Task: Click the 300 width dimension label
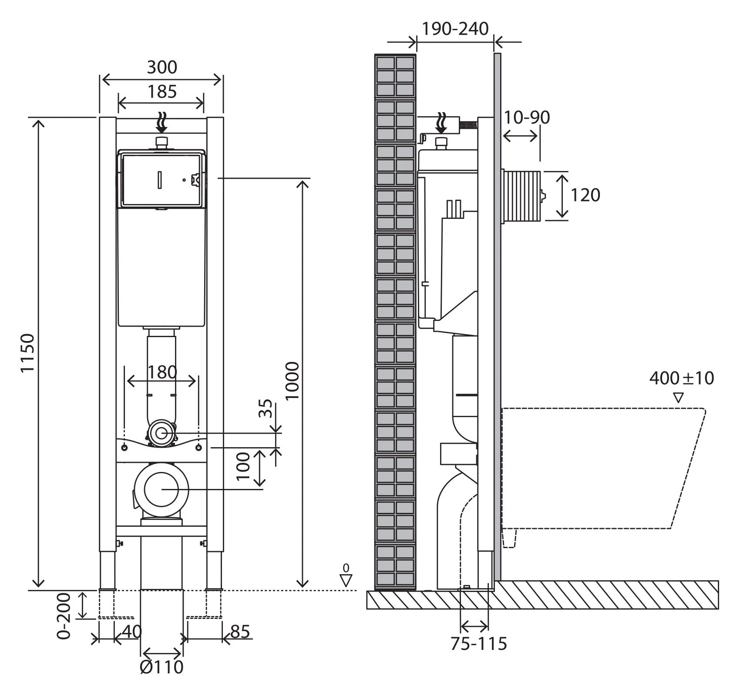(x=162, y=67)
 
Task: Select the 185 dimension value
(x=162, y=92)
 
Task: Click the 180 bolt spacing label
(x=162, y=373)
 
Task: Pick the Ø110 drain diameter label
(x=162, y=667)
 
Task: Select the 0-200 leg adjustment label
(x=64, y=616)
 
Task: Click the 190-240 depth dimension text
(x=455, y=29)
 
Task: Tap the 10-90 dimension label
(x=527, y=117)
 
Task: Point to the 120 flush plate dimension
(x=585, y=195)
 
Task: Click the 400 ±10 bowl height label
(x=682, y=378)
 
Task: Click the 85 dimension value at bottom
(x=240, y=632)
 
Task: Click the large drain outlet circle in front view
(x=161, y=489)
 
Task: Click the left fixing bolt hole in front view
(x=124, y=448)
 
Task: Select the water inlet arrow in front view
(x=162, y=122)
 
